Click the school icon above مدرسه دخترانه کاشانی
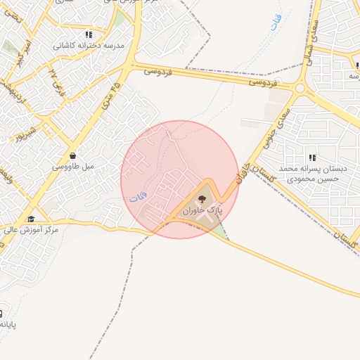(89, 34)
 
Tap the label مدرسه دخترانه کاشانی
(89, 46)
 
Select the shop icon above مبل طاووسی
(73, 155)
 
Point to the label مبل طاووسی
(73, 167)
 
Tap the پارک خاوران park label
(202, 210)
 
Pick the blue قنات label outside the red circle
(276, 24)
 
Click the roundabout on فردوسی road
(300, 89)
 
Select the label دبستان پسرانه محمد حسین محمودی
(309, 174)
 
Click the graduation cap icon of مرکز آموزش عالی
(31, 219)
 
